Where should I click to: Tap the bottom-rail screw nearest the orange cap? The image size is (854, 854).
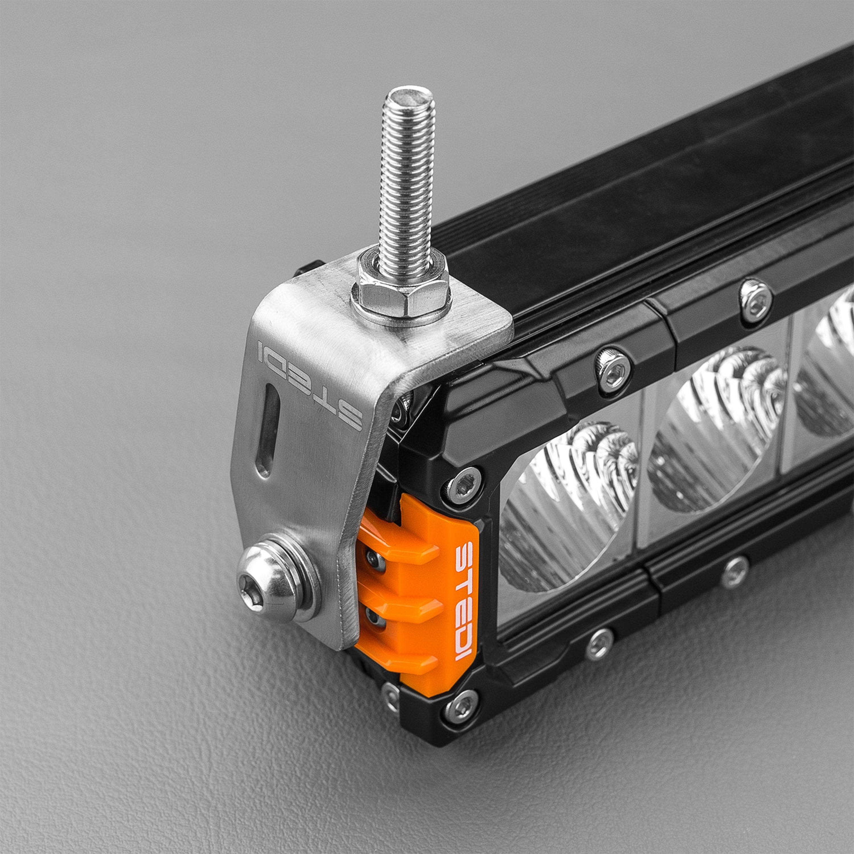(x=599, y=644)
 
